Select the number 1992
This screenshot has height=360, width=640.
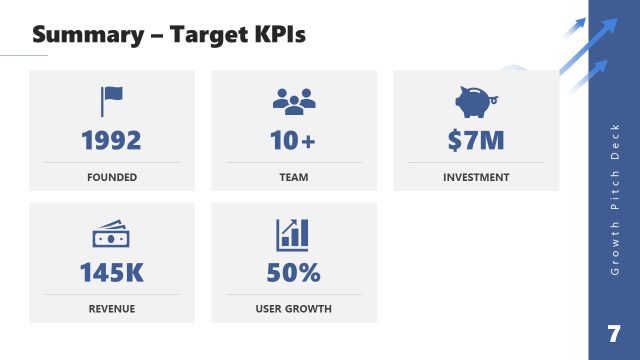pyautogui.click(x=111, y=141)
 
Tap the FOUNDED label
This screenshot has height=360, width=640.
pyautogui.click(x=111, y=177)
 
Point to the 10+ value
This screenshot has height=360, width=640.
pyautogui.click(x=293, y=141)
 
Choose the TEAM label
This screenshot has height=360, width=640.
pyautogui.click(x=293, y=177)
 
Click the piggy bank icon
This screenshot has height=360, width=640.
pyautogui.click(x=476, y=101)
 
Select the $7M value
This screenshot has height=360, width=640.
pyautogui.click(x=476, y=141)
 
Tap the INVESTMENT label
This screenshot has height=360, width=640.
pyautogui.click(x=476, y=177)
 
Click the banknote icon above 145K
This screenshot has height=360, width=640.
pyautogui.click(x=111, y=235)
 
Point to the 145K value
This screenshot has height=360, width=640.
pyautogui.click(x=111, y=272)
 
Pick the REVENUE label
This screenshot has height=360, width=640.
pyautogui.click(x=111, y=309)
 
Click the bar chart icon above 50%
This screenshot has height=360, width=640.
pyautogui.click(x=293, y=234)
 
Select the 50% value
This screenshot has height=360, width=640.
pyautogui.click(x=293, y=272)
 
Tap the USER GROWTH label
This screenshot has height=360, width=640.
pyautogui.click(x=293, y=309)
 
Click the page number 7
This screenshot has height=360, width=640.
pyautogui.click(x=613, y=332)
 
